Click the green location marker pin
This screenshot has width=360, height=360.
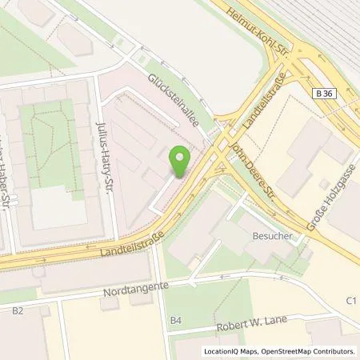(x=180, y=160)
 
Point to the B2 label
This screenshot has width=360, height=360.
(x=17, y=307)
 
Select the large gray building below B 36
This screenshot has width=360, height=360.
(x=312, y=156)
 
